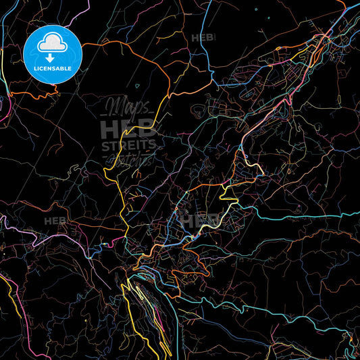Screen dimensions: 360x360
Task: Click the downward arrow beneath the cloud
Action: pyautogui.click(x=52, y=59)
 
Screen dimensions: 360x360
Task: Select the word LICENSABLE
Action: pyautogui.click(x=52, y=69)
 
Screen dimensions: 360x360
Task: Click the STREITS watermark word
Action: pyautogui.click(x=128, y=145)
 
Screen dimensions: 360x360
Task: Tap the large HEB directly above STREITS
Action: pyautogui.click(x=128, y=129)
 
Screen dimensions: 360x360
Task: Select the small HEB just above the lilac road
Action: pyautogui.click(x=55, y=221)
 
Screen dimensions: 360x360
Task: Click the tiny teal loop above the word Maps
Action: pyautogui.click(x=138, y=86)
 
